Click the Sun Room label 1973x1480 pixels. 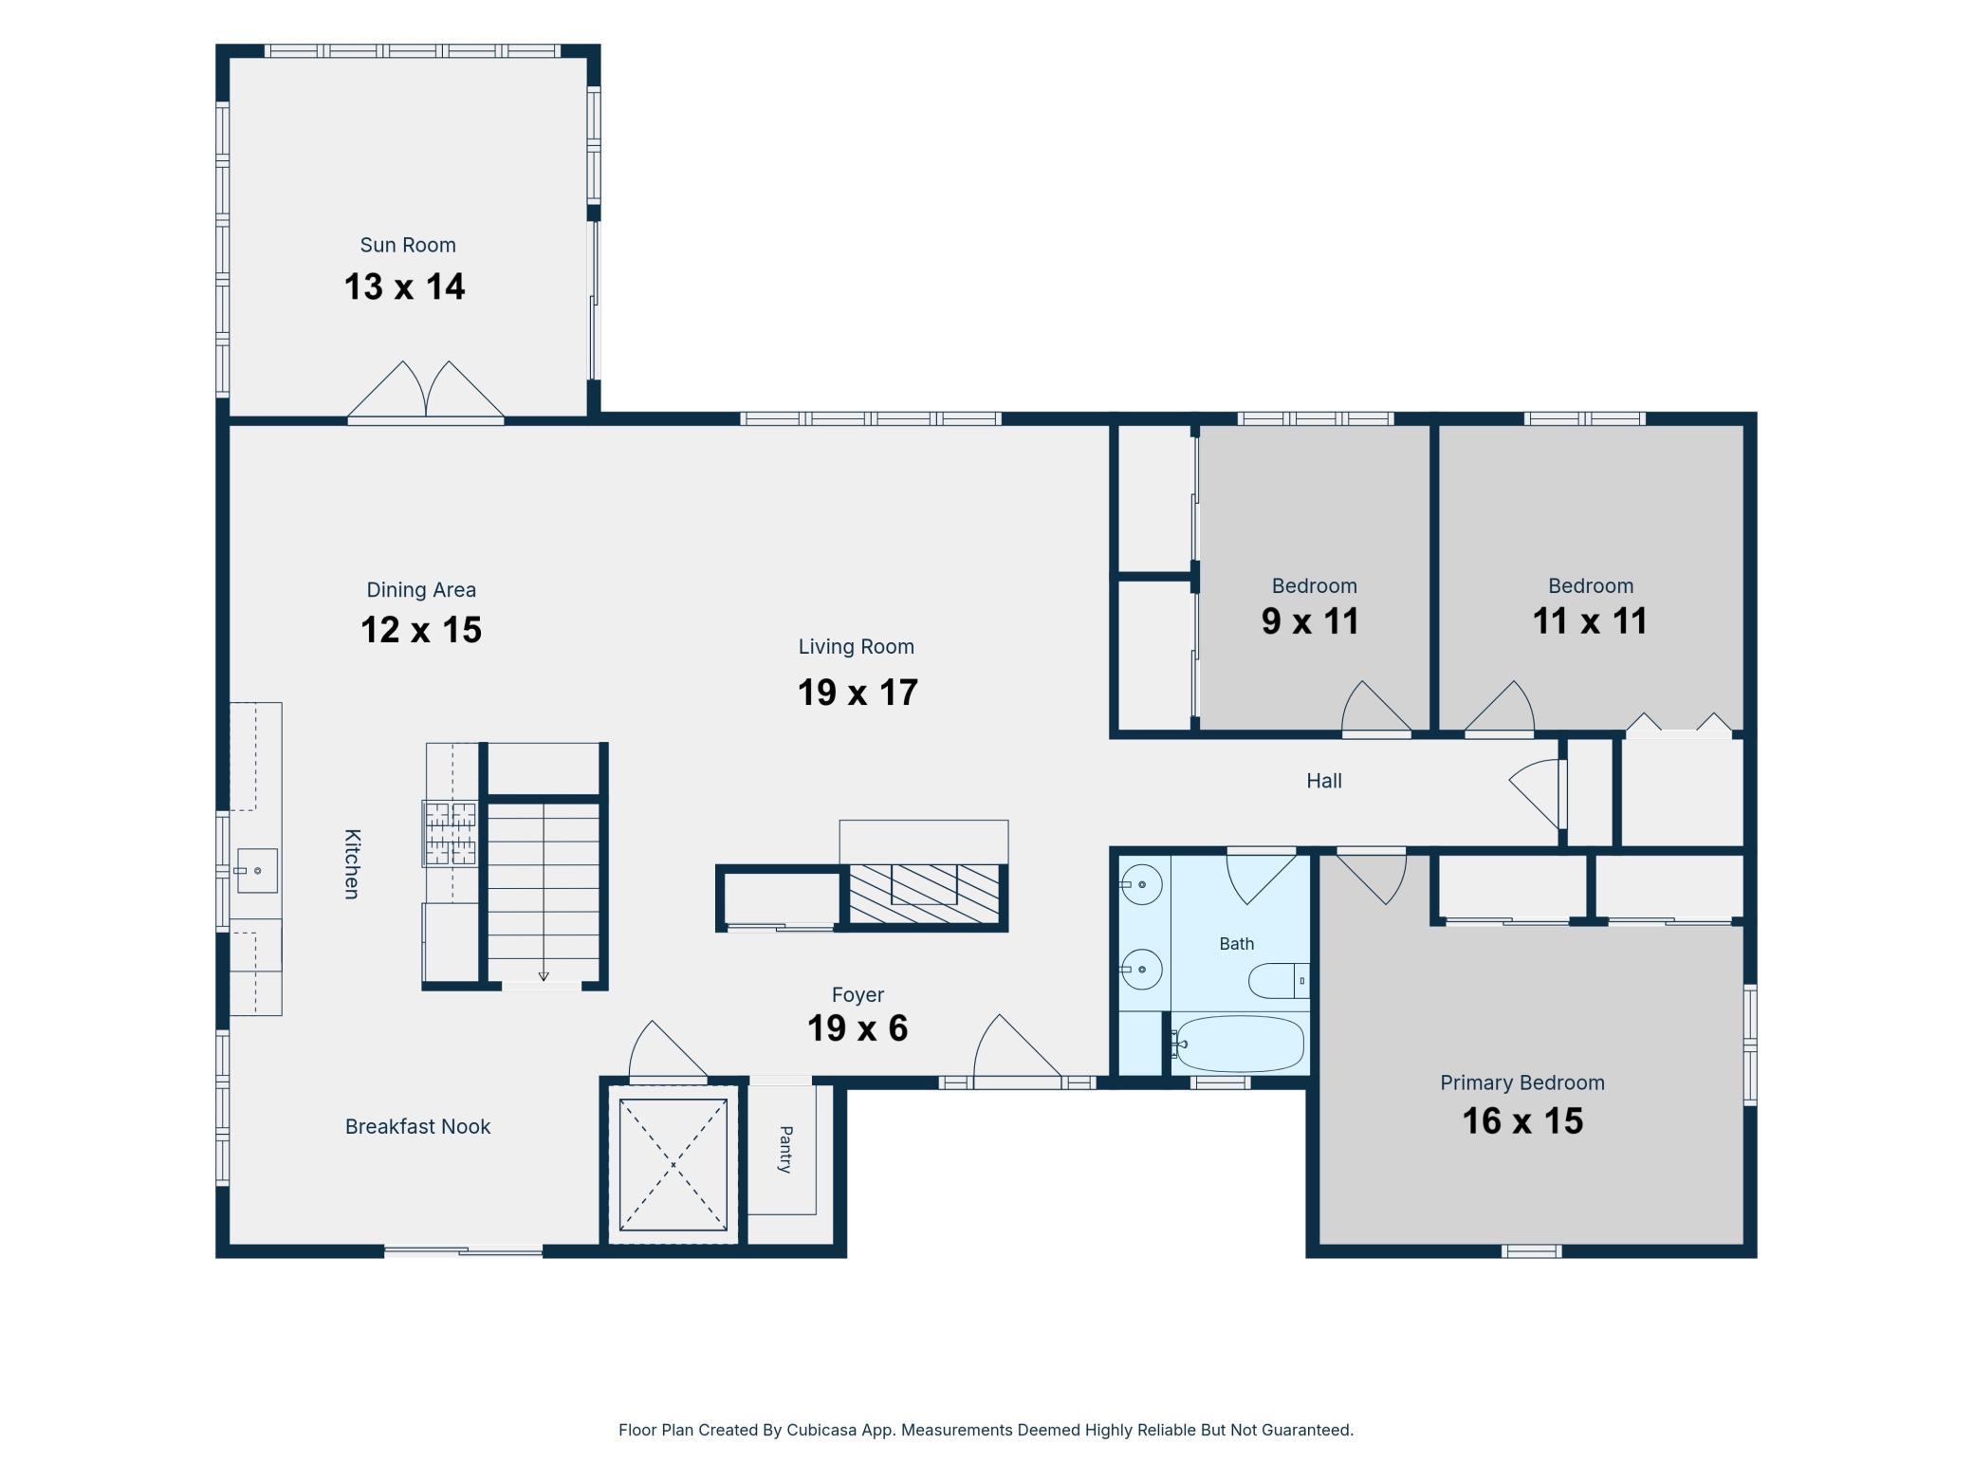[408, 245]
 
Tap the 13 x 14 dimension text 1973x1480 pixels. [405, 287]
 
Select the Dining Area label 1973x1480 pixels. [421, 590]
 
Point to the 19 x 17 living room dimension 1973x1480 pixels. [857, 693]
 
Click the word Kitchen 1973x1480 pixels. [352, 863]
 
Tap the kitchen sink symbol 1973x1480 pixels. [257, 871]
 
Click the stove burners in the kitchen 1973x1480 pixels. [450, 834]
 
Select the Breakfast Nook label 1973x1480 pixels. [417, 1126]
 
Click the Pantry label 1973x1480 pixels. [785, 1149]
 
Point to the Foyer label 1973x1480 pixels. [857, 994]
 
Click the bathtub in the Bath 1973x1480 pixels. [1238, 1044]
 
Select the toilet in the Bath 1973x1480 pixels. [1279, 980]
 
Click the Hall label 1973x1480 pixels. [1324, 781]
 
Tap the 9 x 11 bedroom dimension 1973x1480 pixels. [1310, 621]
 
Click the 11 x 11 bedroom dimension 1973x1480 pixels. [1590, 621]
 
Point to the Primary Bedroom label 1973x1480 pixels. [1522, 1082]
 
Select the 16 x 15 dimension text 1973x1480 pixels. [1522, 1121]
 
